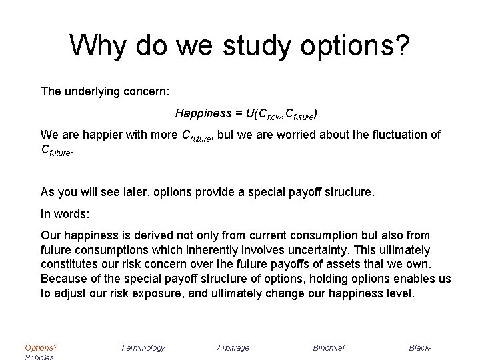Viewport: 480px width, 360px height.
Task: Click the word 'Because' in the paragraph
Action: coord(63,278)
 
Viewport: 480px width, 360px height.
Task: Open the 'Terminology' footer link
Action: coord(143,347)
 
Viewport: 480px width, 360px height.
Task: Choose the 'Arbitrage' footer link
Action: coord(233,347)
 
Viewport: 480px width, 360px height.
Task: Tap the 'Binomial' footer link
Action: coord(329,347)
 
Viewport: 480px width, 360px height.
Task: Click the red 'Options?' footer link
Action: coord(41,347)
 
